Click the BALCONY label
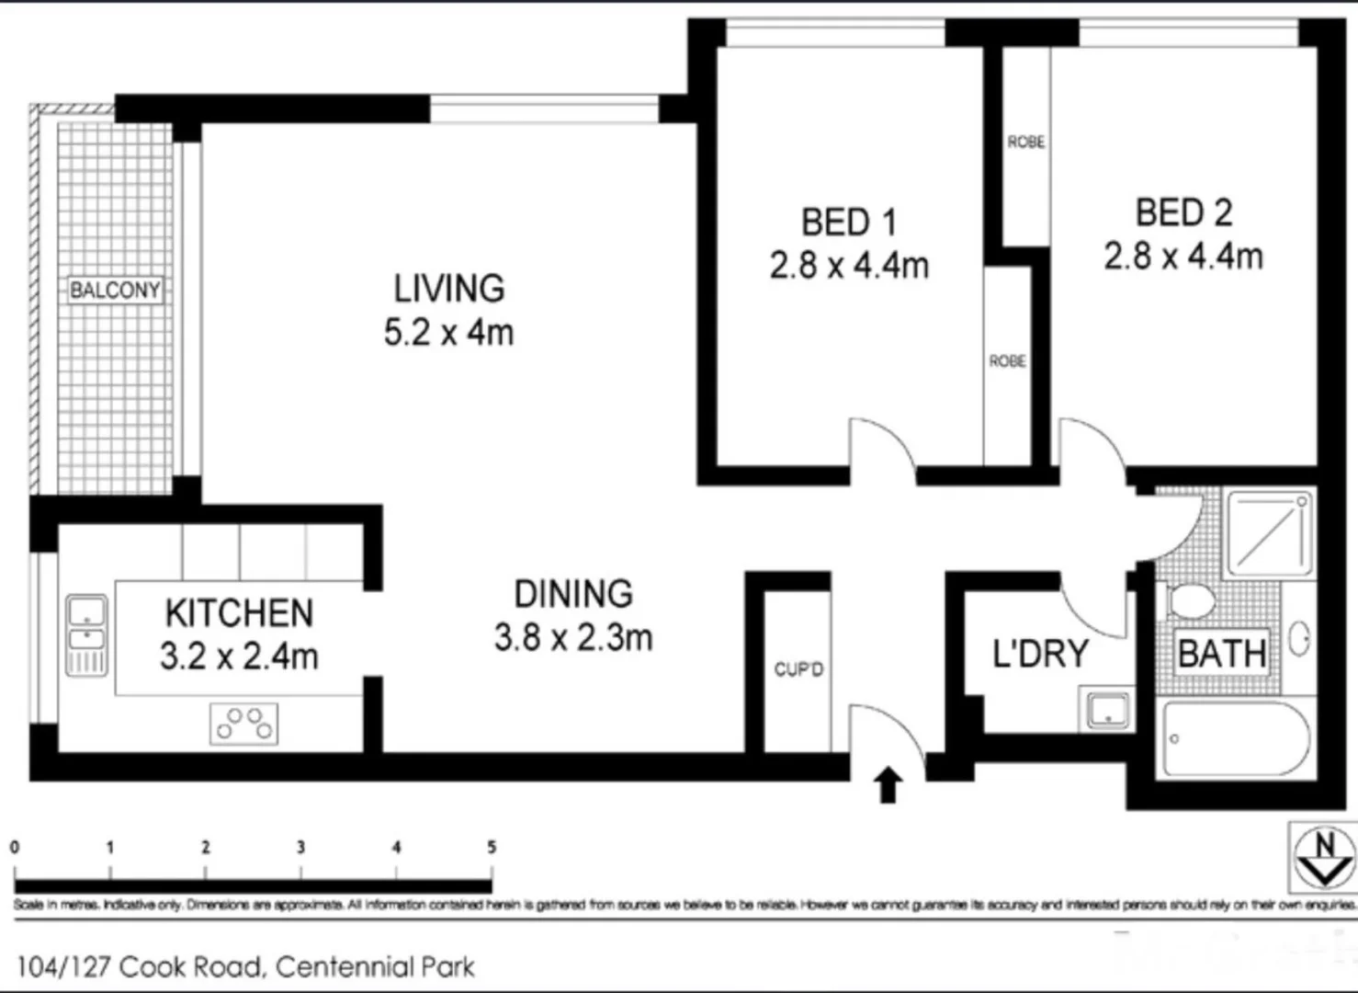click(x=115, y=291)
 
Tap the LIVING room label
click(x=449, y=289)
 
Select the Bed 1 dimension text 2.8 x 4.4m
click(x=849, y=266)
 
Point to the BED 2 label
click(x=1183, y=212)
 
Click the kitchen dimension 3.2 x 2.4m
click(x=239, y=656)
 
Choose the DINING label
click(x=573, y=594)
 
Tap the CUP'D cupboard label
click(x=798, y=669)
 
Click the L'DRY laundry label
click(x=1040, y=654)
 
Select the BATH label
click(x=1222, y=654)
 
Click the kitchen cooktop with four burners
click(x=243, y=724)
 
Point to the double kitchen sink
click(x=86, y=634)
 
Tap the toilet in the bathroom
click(x=1190, y=602)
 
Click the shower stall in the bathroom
click(x=1270, y=533)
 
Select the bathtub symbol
click(x=1237, y=739)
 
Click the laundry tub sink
click(x=1109, y=710)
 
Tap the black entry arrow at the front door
click(x=888, y=786)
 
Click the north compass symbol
click(x=1323, y=857)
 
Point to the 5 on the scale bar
click(x=492, y=848)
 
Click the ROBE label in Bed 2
click(x=1025, y=142)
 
